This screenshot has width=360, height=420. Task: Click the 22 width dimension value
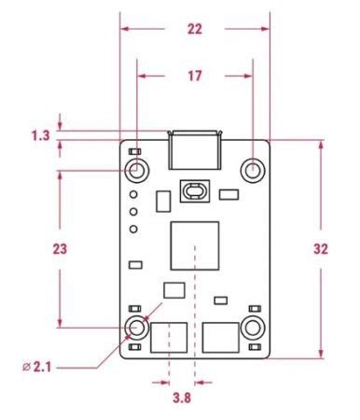coord(195,29)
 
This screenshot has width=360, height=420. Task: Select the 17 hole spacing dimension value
coord(195,76)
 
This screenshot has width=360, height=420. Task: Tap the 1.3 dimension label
coord(40,135)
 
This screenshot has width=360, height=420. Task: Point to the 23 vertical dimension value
coord(60,249)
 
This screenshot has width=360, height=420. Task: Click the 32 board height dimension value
coord(321,249)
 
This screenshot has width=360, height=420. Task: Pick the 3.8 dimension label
coord(182,398)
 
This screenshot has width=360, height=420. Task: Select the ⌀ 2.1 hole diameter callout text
coord(36,368)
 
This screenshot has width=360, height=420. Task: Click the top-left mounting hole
coord(137,171)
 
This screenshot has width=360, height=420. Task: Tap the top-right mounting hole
coord(253,171)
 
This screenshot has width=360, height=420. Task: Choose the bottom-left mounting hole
coord(137,328)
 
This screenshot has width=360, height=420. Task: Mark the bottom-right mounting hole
coord(253,328)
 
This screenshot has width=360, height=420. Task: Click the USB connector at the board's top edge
coord(195,150)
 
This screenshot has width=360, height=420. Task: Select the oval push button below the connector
coord(195,191)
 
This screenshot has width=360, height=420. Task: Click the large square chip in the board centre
coord(195,245)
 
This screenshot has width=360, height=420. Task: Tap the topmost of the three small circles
coord(133,194)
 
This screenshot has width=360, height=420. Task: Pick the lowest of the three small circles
coord(133,230)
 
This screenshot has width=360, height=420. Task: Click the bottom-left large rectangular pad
coord(169,338)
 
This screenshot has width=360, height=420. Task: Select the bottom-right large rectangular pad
coord(221,338)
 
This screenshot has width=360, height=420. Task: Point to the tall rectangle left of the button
coord(163,202)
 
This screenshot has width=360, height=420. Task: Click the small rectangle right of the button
coord(228,194)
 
